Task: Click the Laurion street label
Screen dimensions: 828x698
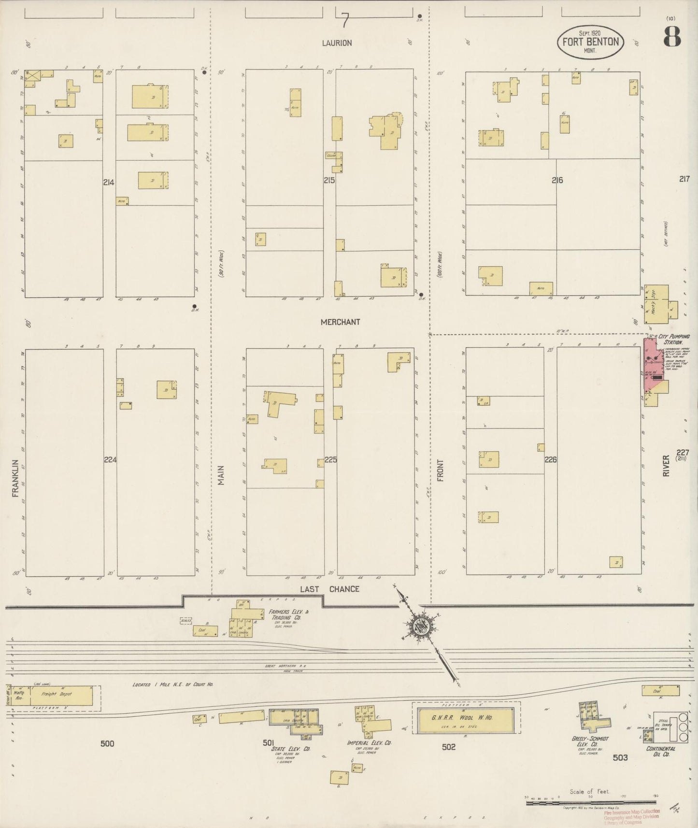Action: [x=337, y=43]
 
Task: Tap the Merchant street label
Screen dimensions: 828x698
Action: [x=341, y=322]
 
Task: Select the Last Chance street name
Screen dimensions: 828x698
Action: [x=330, y=589]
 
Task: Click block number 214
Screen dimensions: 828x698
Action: [x=109, y=183]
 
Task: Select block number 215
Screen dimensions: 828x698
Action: [x=329, y=180]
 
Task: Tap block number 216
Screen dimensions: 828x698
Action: [x=557, y=180]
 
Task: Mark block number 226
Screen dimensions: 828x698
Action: [x=551, y=460]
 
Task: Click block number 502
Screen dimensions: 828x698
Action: [x=448, y=747]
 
